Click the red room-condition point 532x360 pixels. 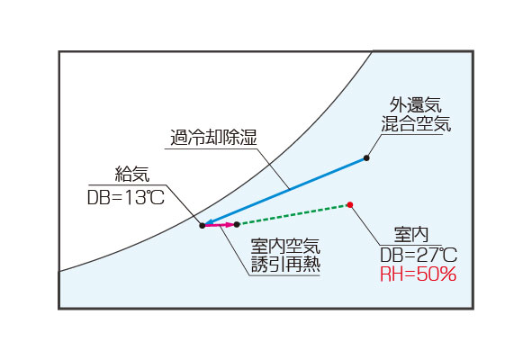(x=350, y=204)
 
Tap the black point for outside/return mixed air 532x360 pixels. (x=366, y=157)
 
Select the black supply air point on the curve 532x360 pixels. (x=203, y=225)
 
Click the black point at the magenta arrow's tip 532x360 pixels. (x=237, y=224)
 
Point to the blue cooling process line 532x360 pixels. (x=285, y=191)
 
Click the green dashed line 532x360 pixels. (x=293, y=214)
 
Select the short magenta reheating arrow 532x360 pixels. (x=220, y=225)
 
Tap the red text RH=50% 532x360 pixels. (x=418, y=274)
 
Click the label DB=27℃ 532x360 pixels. (x=419, y=256)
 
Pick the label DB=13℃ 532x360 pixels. (x=126, y=197)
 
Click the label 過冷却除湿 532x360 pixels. (x=213, y=138)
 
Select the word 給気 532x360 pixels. (x=132, y=174)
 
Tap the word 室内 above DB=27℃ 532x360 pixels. (x=411, y=235)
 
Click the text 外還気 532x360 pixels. (x=415, y=104)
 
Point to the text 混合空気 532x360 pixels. (x=416, y=123)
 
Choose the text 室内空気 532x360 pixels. (x=285, y=246)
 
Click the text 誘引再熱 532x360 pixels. (x=285, y=264)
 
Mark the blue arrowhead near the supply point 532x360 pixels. (x=210, y=222)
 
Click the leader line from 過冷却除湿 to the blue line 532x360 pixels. (x=273, y=168)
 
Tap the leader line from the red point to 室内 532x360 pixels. (x=365, y=226)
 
